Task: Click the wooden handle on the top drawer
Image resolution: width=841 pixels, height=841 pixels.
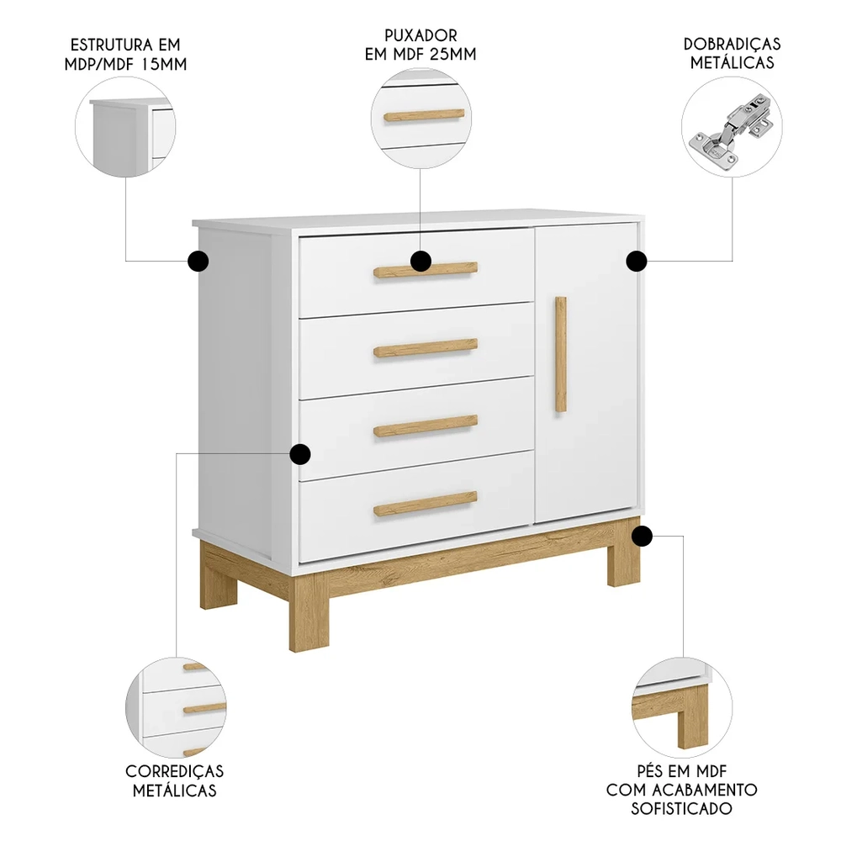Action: [x=450, y=269]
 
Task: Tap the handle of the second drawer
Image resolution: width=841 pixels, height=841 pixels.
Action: [x=426, y=347]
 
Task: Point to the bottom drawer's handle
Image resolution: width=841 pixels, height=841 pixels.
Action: [x=426, y=503]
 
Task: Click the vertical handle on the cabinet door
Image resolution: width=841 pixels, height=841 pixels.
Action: [x=561, y=353]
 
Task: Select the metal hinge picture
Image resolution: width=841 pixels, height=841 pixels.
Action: [x=731, y=130]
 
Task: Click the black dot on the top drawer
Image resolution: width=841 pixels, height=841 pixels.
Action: [x=421, y=262]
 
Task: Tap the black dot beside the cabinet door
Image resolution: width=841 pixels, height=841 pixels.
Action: [x=637, y=261]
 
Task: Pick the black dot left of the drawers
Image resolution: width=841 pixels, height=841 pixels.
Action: [x=299, y=455]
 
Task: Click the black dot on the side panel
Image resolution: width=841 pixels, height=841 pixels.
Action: [x=198, y=262]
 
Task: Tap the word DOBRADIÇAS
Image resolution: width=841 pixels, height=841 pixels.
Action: [x=732, y=44]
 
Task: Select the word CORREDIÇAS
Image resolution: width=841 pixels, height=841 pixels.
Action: [x=175, y=770]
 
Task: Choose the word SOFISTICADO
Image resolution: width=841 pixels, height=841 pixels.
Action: [x=682, y=808]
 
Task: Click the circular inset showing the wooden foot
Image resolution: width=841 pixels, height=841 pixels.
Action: [x=673, y=708]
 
